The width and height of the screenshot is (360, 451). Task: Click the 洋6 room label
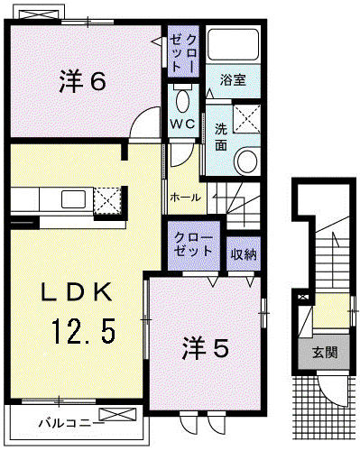coord(83,80)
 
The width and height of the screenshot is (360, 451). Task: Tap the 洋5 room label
coord(206,348)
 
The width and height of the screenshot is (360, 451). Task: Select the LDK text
coord(77,292)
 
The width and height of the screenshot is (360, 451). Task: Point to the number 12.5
coord(84,331)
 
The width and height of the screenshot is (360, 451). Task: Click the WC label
coord(183,124)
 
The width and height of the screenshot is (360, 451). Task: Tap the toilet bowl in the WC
coord(183,100)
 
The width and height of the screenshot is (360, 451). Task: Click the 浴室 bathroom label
coord(233,80)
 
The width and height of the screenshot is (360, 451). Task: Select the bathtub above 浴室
coord(233,44)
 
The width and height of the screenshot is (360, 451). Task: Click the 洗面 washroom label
coord(221,137)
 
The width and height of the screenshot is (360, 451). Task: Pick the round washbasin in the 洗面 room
coord(247,161)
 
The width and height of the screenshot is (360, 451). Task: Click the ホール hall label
coord(185,198)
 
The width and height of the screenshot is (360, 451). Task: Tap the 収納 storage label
coord(243,254)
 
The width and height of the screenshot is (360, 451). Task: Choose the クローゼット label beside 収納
coord(193,244)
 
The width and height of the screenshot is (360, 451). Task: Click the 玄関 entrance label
coord(325,353)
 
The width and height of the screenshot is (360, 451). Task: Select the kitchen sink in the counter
coord(73,199)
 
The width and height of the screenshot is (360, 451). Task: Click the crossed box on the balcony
coord(117,415)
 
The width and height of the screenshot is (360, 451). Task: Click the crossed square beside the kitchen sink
coord(107,200)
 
